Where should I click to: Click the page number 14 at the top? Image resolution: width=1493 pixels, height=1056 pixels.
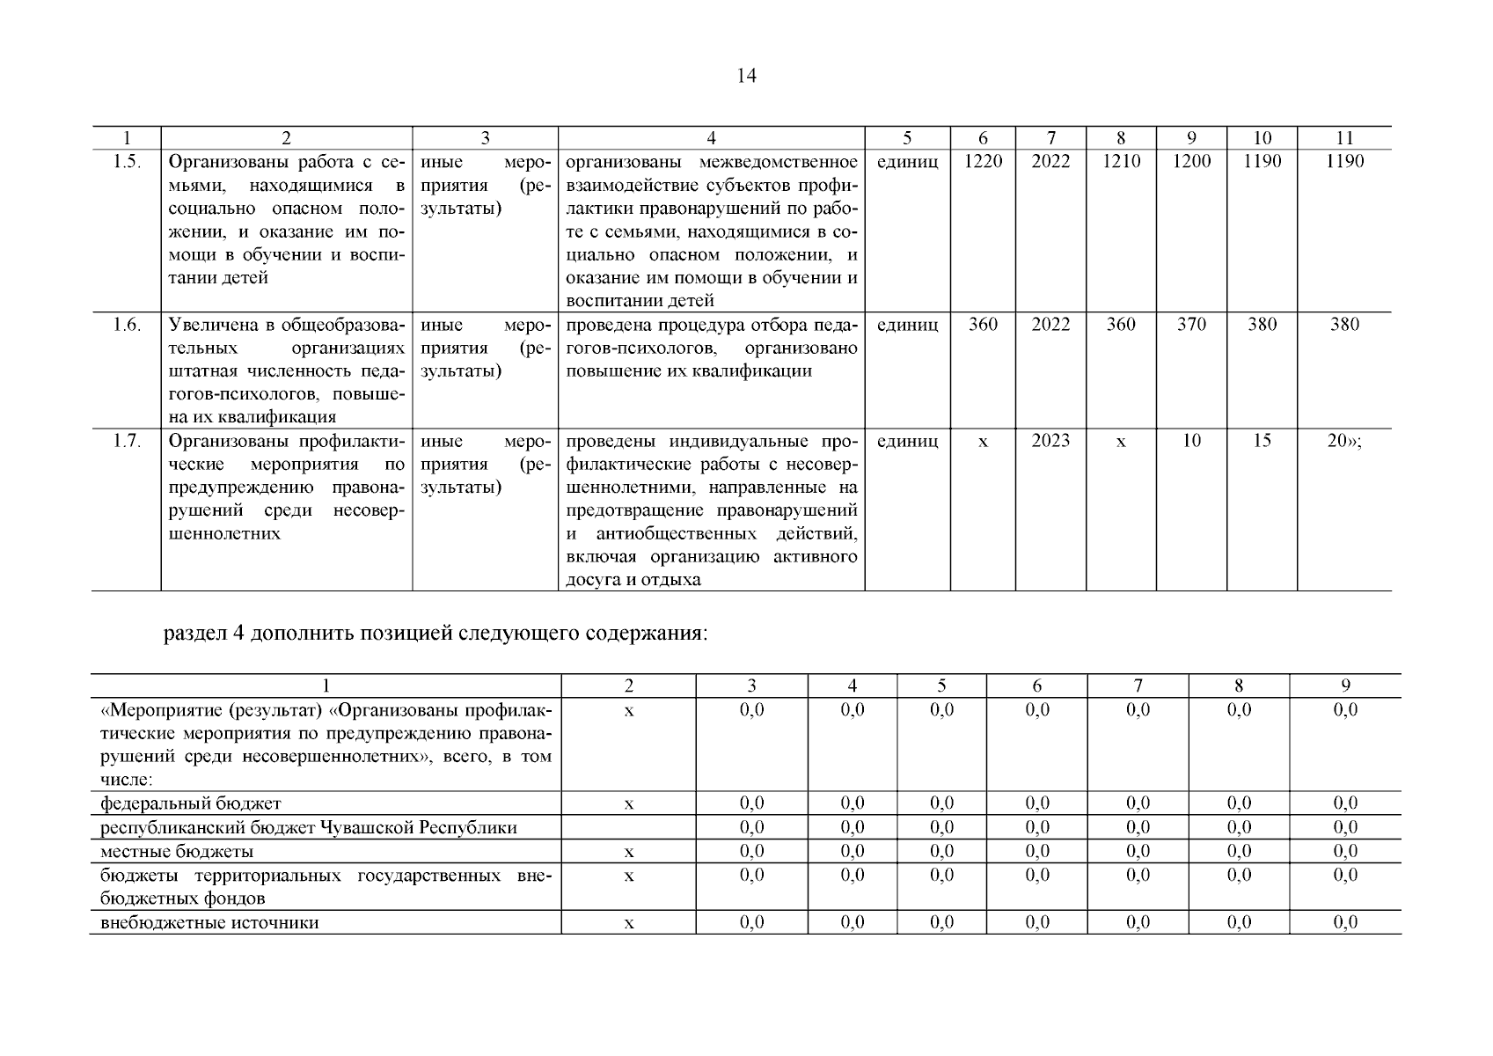[745, 76]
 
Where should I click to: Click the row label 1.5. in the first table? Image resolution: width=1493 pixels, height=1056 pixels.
[127, 162]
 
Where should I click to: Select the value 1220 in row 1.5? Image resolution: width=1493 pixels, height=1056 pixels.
[983, 162]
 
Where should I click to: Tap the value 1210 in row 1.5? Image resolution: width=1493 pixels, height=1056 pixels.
[1120, 162]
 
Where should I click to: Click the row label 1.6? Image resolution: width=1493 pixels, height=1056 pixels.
[127, 325]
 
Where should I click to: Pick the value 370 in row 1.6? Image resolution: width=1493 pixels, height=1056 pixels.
[1191, 325]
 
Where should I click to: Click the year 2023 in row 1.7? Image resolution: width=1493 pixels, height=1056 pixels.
[1050, 441]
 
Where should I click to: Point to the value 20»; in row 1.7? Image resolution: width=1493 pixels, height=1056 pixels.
[1343, 441]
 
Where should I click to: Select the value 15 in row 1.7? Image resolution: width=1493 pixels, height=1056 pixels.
[1262, 441]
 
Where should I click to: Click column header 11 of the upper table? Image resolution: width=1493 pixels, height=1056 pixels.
[1343, 138]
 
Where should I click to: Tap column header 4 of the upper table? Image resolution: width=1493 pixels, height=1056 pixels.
[711, 138]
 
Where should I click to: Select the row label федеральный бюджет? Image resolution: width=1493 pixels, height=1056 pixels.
[191, 803]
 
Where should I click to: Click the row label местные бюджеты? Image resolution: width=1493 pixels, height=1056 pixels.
[177, 852]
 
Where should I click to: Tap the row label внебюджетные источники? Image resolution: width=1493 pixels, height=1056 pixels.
[209, 923]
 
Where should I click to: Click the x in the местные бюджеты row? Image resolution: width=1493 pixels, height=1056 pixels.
[628, 852]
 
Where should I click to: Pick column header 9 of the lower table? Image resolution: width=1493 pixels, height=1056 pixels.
[1344, 686]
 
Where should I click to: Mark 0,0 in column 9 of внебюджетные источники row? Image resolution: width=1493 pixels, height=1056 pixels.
[1344, 923]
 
